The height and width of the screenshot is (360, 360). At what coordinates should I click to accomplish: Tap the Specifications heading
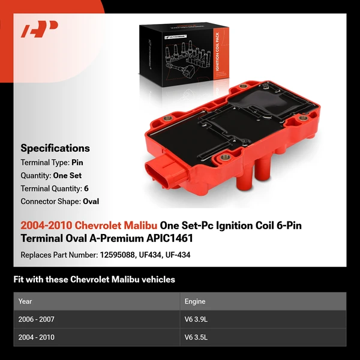click(x=55, y=148)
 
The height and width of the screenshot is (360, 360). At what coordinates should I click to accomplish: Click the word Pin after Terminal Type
click(x=77, y=162)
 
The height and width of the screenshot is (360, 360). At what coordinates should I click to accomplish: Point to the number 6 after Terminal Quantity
click(x=86, y=188)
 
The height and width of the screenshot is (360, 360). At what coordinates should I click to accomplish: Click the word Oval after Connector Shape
click(x=91, y=202)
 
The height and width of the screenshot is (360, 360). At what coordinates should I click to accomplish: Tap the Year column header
click(x=25, y=301)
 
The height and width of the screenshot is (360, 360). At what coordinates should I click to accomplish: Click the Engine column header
click(x=196, y=301)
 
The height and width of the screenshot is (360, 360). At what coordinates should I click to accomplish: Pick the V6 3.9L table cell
click(x=199, y=319)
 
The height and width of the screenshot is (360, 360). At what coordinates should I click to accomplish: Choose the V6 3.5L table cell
click(x=199, y=337)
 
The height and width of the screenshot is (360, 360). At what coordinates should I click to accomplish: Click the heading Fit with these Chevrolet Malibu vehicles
click(x=94, y=280)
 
